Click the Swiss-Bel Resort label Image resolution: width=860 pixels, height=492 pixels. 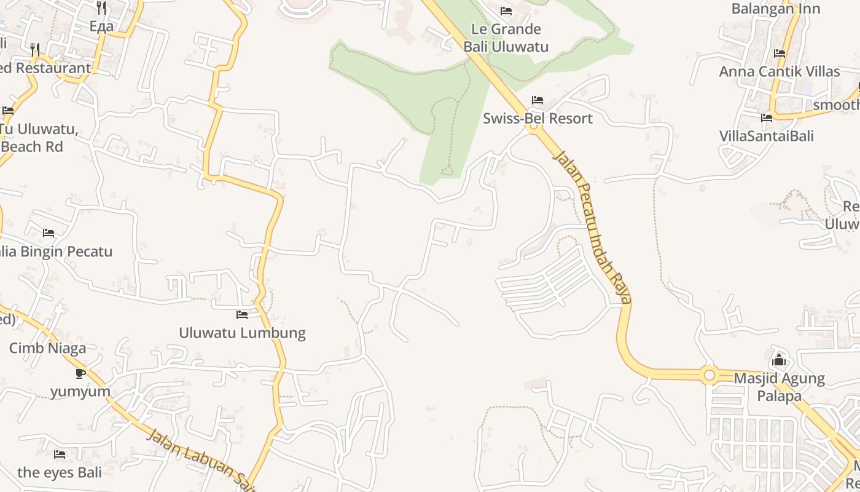point(537,118)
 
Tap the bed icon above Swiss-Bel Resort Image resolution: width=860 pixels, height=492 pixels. point(537,100)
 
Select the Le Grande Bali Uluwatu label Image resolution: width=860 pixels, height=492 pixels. point(506,38)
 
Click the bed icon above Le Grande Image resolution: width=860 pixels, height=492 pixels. point(506,11)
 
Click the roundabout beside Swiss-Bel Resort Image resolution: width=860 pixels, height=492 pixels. point(533,127)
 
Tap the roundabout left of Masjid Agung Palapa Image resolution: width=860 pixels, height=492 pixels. point(709,374)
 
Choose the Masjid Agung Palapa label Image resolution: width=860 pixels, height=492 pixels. point(779,386)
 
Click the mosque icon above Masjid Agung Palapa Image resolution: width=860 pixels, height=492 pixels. point(779,359)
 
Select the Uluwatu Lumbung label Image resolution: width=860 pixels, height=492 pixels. point(242,333)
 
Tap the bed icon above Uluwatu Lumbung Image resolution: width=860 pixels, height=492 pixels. point(242,315)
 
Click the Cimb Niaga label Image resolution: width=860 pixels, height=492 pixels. point(47,348)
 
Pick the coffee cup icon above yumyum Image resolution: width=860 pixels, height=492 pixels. point(80,373)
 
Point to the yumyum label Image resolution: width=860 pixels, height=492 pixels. point(80,391)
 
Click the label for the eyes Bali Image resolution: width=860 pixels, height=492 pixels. point(60,472)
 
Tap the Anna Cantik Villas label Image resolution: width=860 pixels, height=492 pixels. point(779,71)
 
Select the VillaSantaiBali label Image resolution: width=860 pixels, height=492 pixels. point(766,135)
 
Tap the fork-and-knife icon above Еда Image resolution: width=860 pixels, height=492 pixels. point(101,8)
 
